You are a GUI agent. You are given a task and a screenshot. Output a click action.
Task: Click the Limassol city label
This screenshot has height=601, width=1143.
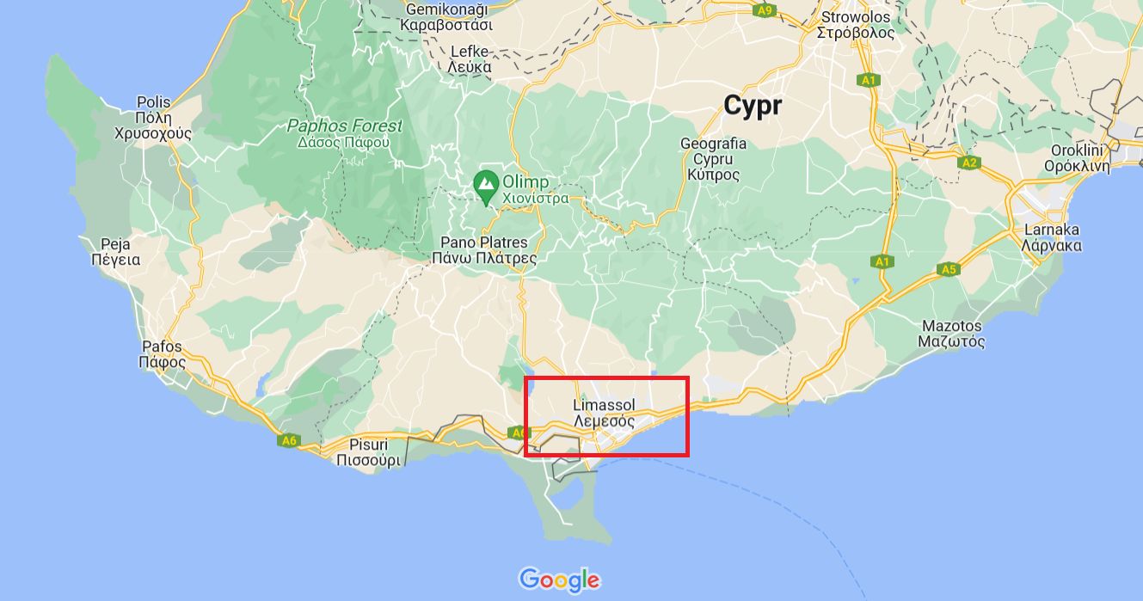pyautogui.click(x=604, y=414)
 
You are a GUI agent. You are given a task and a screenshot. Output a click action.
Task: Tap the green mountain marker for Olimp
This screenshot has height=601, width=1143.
pyautogui.click(x=486, y=186)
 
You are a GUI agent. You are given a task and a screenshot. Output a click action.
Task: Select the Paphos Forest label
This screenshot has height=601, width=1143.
pyautogui.click(x=344, y=133)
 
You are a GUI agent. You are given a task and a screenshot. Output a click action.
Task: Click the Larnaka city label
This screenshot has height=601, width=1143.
pyautogui.click(x=1051, y=237)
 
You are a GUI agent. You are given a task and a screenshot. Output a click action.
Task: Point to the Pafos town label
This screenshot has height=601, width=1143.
pyautogui.click(x=162, y=354)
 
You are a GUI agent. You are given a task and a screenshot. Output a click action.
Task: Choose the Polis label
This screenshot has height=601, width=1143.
pyautogui.click(x=154, y=118)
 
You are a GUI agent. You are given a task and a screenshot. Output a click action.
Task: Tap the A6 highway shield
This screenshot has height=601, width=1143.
pyautogui.click(x=289, y=440)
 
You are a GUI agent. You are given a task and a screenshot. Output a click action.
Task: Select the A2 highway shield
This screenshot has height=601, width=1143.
pyautogui.click(x=969, y=162)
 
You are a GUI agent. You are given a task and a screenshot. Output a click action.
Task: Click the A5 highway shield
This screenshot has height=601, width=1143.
pyautogui.click(x=948, y=269)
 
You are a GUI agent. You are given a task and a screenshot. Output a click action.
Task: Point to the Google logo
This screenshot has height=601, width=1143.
pyautogui.click(x=559, y=580)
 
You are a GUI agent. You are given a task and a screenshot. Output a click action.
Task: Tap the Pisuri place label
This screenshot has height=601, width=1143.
pyautogui.click(x=368, y=452)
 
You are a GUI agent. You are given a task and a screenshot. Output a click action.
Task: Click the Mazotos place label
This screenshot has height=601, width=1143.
pyautogui.click(x=951, y=334)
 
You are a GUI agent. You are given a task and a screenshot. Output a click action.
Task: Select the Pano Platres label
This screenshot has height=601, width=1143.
pyautogui.click(x=484, y=250)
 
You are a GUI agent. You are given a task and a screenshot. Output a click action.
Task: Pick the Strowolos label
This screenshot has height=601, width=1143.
pyautogui.click(x=856, y=25)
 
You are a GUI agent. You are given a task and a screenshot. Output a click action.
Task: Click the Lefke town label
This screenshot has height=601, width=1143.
pyautogui.click(x=470, y=59)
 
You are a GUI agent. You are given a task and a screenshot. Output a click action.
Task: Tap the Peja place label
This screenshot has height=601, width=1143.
pyautogui.click(x=115, y=251)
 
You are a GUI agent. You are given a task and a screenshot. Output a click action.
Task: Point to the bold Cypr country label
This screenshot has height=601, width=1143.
pyautogui.click(x=753, y=106)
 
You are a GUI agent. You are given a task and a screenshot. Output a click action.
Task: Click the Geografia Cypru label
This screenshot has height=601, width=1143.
pyautogui.click(x=713, y=159)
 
